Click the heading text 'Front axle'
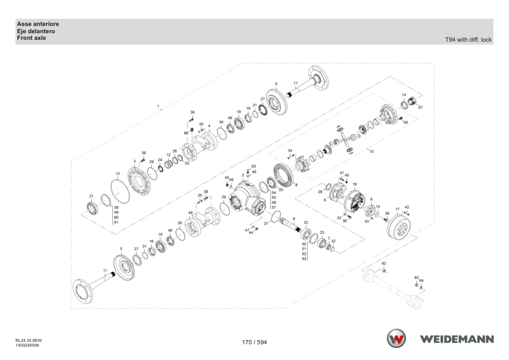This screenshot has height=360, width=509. point(31,38)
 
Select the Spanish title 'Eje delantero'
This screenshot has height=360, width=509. point(36,31)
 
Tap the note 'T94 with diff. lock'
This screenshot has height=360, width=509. point(468,40)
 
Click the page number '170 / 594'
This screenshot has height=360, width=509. point(254,342)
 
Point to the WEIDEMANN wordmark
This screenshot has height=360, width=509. point(457,339)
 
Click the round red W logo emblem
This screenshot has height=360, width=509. point(396,338)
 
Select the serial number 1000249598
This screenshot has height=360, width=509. point(27,346)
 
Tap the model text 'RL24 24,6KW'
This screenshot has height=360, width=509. point(28,341)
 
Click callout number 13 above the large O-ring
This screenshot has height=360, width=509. point(117,174)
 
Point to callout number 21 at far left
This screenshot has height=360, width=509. point(91,196)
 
